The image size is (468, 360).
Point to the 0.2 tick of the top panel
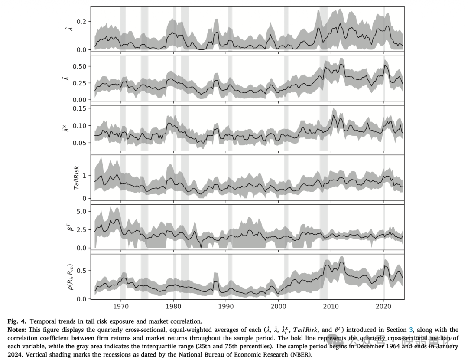click(x=82, y=21)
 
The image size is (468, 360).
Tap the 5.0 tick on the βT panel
click(x=82, y=211)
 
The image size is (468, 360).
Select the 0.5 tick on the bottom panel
click(x=82, y=271)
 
